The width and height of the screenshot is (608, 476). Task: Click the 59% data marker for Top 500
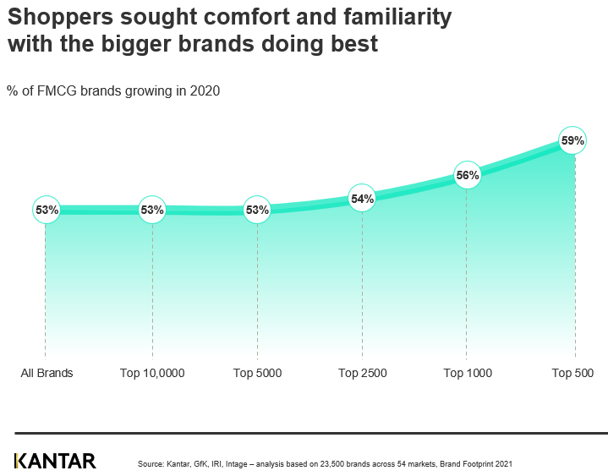[572, 141]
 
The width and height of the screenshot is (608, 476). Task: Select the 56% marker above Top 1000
[468, 176]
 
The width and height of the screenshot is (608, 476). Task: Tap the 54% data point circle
[362, 199]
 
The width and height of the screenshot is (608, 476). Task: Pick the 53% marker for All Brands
[47, 210]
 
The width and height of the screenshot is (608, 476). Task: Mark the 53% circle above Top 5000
[257, 210]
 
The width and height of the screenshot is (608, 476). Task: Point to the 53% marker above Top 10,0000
[152, 210]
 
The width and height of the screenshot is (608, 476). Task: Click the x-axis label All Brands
[47, 373]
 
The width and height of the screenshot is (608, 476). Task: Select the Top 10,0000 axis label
[152, 373]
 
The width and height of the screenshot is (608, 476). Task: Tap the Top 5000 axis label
[257, 373]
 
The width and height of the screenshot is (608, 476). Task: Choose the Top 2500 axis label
[362, 373]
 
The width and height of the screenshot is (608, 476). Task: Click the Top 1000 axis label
[467, 373]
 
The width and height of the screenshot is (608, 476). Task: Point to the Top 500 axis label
[572, 373]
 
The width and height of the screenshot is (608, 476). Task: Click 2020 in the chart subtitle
[205, 91]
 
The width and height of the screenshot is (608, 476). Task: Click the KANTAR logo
[55, 461]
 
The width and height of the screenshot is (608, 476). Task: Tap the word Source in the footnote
[150, 464]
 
